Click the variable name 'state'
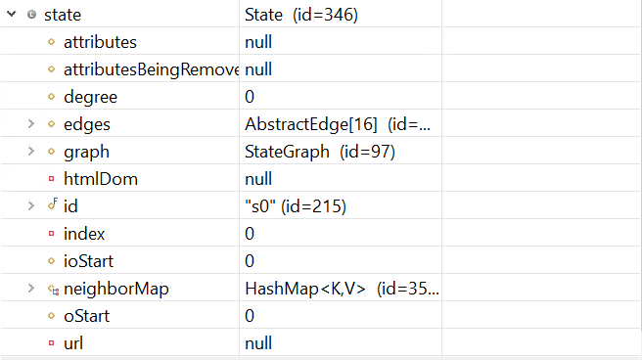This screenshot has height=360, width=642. click(63, 15)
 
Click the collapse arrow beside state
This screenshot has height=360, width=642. click(12, 15)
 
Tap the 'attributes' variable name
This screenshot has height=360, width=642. click(99, 42)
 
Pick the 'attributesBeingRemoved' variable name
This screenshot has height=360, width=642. click(151, 69)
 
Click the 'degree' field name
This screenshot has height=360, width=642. click(90, 97)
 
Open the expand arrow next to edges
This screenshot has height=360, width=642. click(31, 124)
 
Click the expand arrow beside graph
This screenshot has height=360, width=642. click(31, 152)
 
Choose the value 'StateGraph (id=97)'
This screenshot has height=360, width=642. click(319, 152)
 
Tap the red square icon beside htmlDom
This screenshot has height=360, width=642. click(52, 179)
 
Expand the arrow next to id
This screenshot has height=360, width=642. click(31, 206)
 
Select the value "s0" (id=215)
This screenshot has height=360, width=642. click(295, 206)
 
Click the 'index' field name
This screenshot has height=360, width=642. click(84, 234)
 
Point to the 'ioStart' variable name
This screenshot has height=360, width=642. click(91, 261)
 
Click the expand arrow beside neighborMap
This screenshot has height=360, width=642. click(31, 289)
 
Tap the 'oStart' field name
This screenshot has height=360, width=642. click(86, 316)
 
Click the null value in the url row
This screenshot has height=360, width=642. click(258, 343)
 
